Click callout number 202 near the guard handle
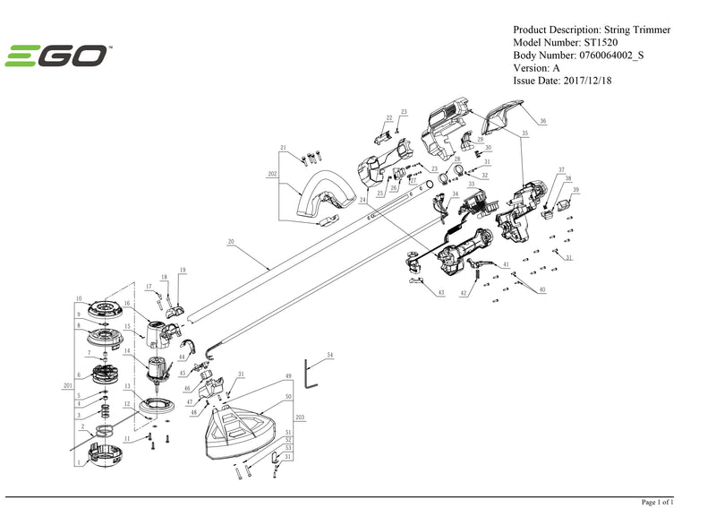(272, 174)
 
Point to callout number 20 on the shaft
(230, 242)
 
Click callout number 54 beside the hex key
(329, 356)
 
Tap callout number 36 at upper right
(542, 121)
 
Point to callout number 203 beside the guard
(300, 418)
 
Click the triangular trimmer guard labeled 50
(237, 430)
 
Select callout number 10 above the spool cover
(79, 298)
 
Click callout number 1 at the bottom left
(80, 462)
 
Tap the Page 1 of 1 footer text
(658, 501)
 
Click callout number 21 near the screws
(283, 148)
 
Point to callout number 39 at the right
(576, 190)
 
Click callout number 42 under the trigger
(464, 293)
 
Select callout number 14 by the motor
(127, 350)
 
